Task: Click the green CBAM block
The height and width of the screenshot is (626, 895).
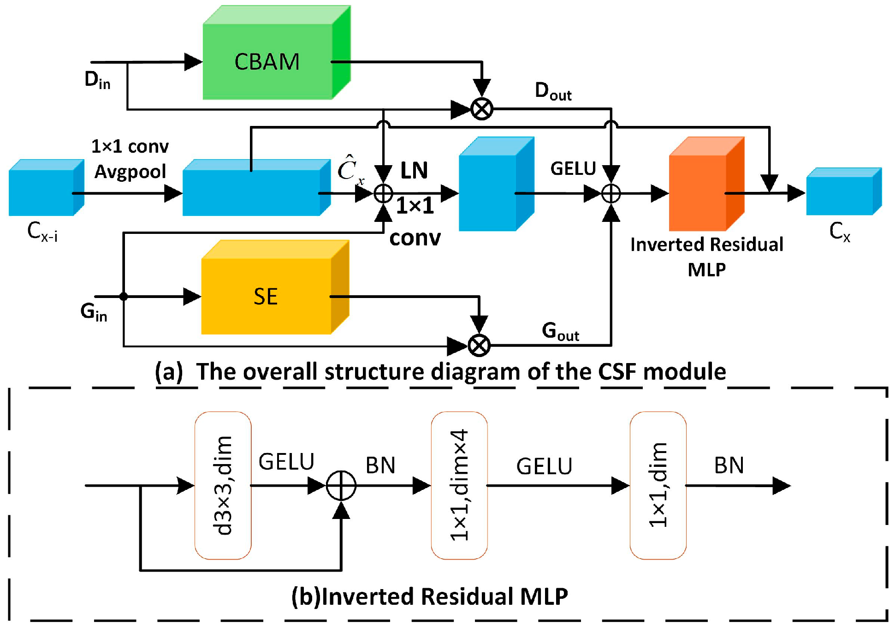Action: (277, 52)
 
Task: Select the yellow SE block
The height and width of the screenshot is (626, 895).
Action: (275, 287)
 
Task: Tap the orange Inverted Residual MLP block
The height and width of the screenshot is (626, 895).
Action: (706, 184)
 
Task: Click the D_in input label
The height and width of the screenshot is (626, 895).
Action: (97, 80)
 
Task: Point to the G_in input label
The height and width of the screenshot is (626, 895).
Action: (94, 312)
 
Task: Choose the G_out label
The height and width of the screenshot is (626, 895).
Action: (560, 331)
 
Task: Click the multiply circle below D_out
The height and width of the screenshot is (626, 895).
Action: (482, 109)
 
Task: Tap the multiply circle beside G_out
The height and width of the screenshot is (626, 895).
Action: (479, 346)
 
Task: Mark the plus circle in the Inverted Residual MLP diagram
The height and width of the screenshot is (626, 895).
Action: (341, 486)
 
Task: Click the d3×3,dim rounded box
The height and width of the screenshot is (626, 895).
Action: (223, 485)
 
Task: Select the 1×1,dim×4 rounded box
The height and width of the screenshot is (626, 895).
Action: (459, 485)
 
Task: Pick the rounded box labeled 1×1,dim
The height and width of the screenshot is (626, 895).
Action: (658, 485)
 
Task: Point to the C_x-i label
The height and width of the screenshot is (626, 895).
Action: (42, 232)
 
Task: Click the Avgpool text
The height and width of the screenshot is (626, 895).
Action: (130, 172)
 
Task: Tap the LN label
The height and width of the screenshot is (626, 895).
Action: (414, 171)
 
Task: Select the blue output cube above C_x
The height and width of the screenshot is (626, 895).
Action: (844, 191)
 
